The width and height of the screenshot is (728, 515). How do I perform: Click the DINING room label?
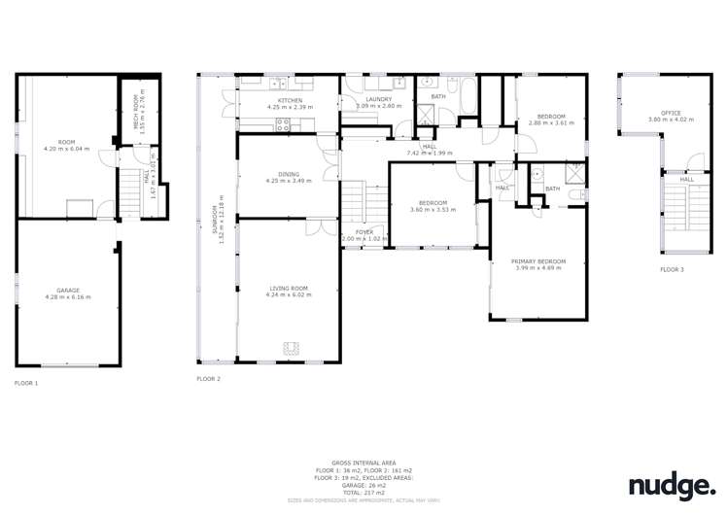click(289, 174)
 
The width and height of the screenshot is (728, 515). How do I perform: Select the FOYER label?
click(364, 232)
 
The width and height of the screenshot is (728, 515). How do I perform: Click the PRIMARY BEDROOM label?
click(537, 261)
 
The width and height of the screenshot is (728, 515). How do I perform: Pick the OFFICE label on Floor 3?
click(671, 113)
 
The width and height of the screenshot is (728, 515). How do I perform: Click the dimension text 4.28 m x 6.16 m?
click(67, 296)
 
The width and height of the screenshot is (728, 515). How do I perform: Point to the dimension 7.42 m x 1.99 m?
click(429, 153)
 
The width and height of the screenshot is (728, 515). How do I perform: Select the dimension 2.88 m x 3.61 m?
click(552, 123)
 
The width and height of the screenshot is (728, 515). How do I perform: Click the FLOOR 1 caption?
click(26, 383)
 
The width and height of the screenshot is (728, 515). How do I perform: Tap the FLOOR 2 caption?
click(208, 378)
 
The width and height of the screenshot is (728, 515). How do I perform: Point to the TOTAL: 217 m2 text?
click(364, 493)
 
